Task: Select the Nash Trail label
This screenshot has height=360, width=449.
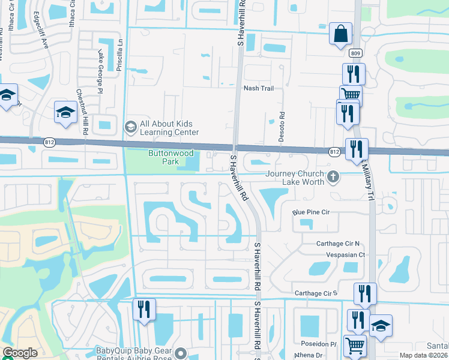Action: pyautogui.click(x=259, y=88)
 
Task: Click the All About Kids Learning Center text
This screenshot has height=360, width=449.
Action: pyautogui.click(x=169, y=128)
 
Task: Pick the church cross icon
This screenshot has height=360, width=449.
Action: pyautogui.click(x=334, y=178)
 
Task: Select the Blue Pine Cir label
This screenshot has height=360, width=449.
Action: pyautogui.click(x=315, y=212)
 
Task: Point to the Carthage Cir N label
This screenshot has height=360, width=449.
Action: pyautogui.click(x=338, y=244)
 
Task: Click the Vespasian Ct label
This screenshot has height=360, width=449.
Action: pyautogui.click(x=345, y=255)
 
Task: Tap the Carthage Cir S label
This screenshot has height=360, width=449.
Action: pyautogui.click(x=316, y=293)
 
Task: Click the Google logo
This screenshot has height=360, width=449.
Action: pyautogui.click(x=20, y=352)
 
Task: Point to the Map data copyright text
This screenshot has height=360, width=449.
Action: pyautogui.click(x=424, y=355)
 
